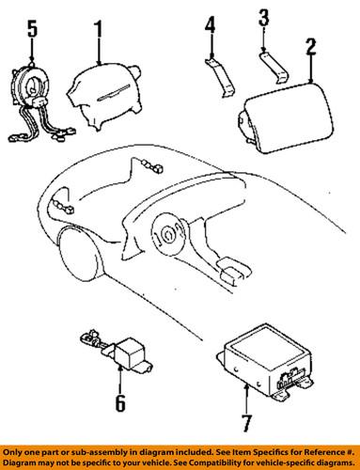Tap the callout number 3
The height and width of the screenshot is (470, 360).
click(265, 18)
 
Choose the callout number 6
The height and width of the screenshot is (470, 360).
click(118, 404)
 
